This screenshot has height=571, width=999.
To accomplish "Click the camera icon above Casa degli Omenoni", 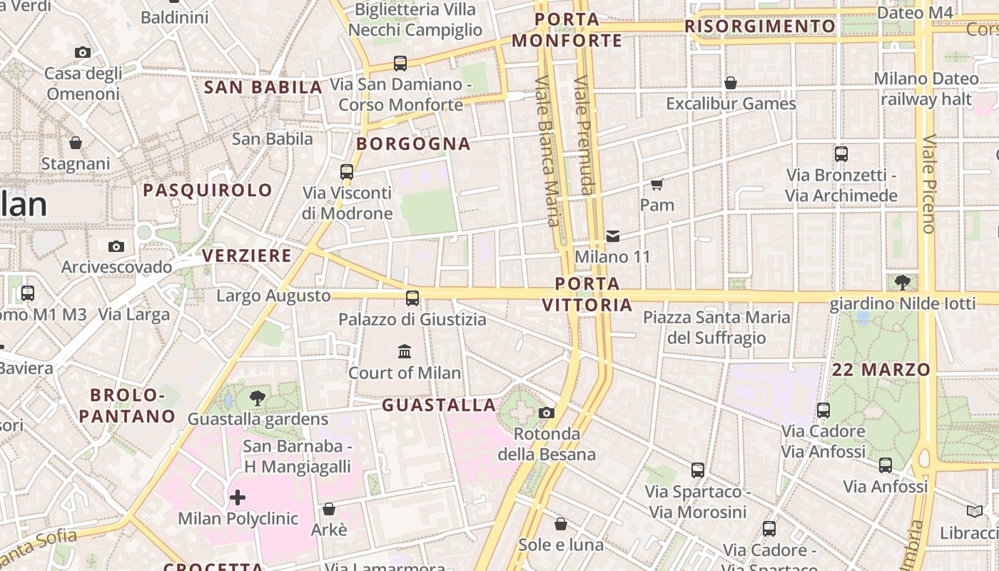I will tap(83, 52).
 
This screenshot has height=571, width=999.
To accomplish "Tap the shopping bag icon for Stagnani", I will tap(76, 143).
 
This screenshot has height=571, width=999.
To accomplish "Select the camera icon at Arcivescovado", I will tap(116, 246).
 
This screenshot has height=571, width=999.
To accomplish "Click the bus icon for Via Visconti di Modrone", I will tap(347, 171).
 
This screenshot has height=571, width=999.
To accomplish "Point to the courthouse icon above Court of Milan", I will tap(405, 351).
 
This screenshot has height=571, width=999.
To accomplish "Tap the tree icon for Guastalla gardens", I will tap(258, 398).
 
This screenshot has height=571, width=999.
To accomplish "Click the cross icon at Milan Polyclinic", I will tap(238, 497).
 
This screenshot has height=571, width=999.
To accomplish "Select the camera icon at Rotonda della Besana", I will tap(547, 413).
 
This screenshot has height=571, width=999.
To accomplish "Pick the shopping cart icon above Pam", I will tap(657, 184).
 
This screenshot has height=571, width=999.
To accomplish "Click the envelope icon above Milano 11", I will tap(613, 236).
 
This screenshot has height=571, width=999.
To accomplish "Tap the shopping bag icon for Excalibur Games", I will tap(731, 83).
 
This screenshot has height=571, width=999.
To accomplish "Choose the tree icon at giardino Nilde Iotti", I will tap(902, 283).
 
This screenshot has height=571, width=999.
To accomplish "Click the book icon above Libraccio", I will tap(975, 511).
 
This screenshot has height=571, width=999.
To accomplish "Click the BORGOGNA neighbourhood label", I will tap(414, 144).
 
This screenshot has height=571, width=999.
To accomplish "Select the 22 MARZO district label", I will tap(881, 370).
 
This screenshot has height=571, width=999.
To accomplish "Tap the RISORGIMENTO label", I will tap(760, 26).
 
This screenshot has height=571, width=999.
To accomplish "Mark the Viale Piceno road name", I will tap(928, 183).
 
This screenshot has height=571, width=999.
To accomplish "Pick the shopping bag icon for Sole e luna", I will tap(561, 524).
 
